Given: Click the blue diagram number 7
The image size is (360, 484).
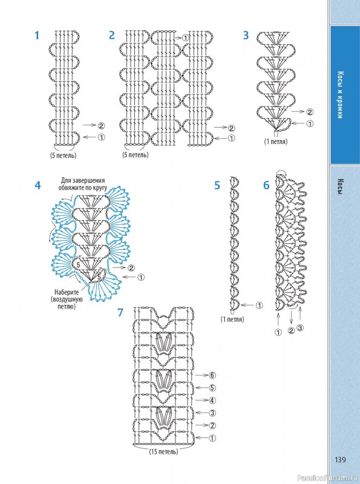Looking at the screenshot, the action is click(120, 313).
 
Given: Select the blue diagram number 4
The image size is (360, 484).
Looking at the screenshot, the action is click(38, 186).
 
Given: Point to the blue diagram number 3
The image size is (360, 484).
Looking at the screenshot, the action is click(246, 36).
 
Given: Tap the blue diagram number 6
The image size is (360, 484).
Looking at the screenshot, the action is click(266, 185).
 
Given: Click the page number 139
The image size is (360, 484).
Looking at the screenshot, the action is click(340, 460).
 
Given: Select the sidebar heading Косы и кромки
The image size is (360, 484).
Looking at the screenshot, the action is click(340, 95).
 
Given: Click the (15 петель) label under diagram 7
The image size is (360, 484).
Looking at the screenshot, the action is click(163, 451).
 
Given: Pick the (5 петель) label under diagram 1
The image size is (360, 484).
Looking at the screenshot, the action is click(64, 155).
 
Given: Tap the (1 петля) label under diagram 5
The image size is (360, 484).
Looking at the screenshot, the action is click(232, 319).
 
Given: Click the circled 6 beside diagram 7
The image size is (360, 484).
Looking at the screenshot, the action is click(212, 375).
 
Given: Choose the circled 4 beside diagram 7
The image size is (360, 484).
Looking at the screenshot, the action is click(212, 401).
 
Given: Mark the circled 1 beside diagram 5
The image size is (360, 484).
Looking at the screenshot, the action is click(260, 306).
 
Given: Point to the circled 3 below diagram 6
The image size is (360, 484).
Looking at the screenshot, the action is click(299, 328).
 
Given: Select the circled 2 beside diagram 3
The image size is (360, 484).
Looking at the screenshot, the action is click(310, 112).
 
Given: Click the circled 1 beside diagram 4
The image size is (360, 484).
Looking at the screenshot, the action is click(141, 278).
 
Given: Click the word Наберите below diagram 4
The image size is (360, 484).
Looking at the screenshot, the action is click(67, 292).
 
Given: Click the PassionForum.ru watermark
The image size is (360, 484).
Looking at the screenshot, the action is click(328, 479).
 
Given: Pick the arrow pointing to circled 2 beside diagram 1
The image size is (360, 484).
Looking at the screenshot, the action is click(90, 125).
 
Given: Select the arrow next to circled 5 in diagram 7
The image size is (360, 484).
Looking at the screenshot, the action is click(202, 388).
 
